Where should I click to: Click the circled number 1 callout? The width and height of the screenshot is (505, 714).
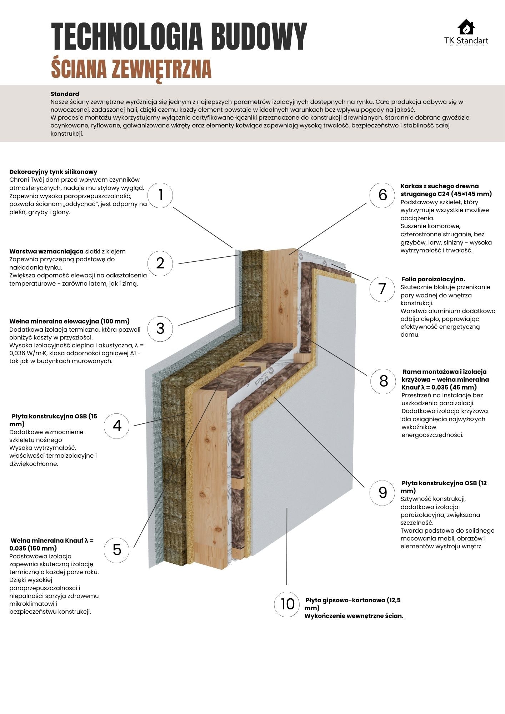[x=160, y=195]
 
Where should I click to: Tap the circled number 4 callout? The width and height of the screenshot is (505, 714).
[x=117, y=426]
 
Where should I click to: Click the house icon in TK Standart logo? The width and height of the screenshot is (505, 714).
[x=466, y=27]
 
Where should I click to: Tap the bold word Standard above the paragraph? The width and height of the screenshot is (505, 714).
[x=65, y=94]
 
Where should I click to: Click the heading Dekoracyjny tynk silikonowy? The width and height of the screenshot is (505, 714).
[x=53, y=172]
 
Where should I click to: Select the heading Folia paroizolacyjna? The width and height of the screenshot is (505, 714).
[x=433, y=279]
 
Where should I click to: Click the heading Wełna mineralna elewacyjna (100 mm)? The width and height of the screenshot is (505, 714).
[x=69, y=321]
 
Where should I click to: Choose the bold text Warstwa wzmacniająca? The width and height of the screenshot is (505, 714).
[x=46, y=251]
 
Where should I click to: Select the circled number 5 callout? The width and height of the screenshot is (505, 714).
[x=117, y=550]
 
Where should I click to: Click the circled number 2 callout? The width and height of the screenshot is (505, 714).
[x=160, y=263]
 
